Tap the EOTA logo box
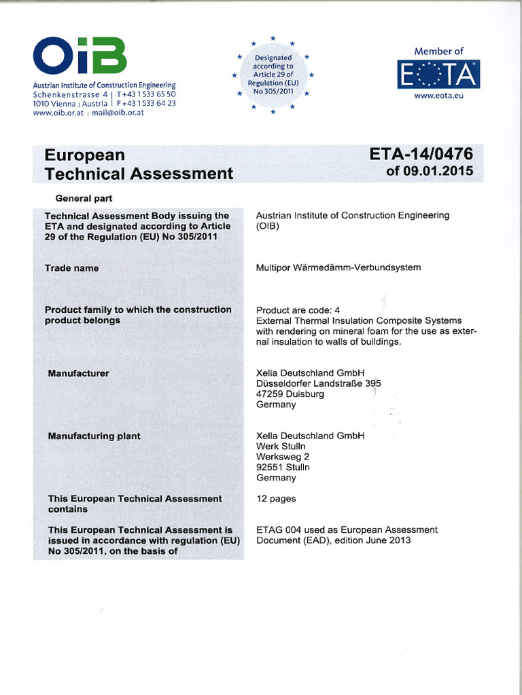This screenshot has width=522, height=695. [x=438, y=75]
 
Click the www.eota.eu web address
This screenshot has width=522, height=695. [x=438, y=96]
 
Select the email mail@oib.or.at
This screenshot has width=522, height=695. [x=120, y=113]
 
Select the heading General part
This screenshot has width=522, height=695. [x=84, y=199]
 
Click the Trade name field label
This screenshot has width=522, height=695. [x=71, y=268]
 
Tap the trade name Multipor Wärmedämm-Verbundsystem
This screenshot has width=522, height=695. [x=338, y=267]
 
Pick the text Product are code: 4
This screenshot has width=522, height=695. [x=298, y=309]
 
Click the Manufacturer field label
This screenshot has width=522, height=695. [x=78, y=373]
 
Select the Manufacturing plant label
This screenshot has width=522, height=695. [x=94, y=436]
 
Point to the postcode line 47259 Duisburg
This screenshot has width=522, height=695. [x=290, y=394]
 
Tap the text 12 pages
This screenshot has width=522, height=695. [x=276, y=499]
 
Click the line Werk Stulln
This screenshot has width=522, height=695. [x=281, y=446]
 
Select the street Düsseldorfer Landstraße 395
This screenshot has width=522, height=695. [x=318, y=383]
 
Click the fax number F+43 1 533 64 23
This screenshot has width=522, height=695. [x=147, y=103]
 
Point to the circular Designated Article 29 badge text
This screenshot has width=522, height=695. [x=273, y=74]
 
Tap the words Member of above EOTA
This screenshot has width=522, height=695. [x=438, y=51]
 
